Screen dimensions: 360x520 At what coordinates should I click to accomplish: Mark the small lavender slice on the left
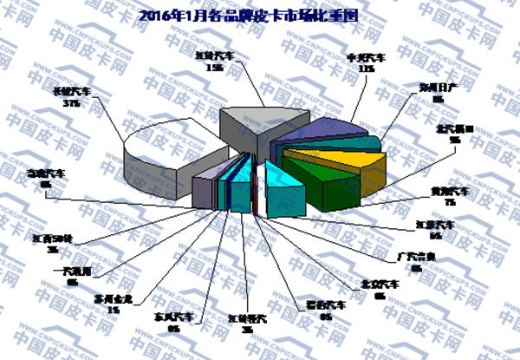(x=203, y=188)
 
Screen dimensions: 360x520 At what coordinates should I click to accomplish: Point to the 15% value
(x=215, y=68)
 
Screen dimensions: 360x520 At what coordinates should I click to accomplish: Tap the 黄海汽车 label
(x=450, y=190)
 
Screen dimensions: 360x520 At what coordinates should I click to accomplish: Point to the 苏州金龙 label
(x=112, y=299)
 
